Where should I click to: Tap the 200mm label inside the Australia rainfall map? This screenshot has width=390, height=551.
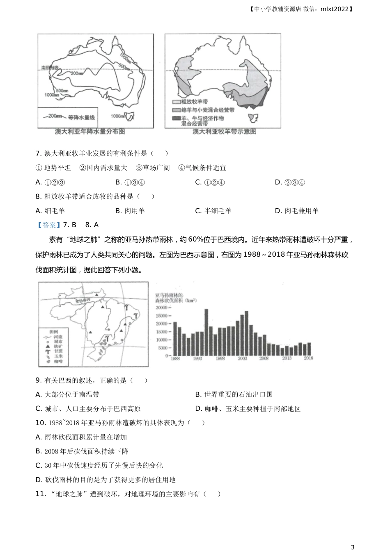pyautogui.click(x=77, y=73)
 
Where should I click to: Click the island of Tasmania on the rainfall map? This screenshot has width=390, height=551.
pyautogui.click(x=131, y=117)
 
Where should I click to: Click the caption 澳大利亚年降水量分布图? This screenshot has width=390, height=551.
pyautogui.click(x=90, y=132)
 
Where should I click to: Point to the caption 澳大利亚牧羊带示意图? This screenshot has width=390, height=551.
pyautogui.click(x=224, y=132)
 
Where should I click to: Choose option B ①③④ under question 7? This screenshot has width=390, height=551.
pyautogui.click(x=130, y=182)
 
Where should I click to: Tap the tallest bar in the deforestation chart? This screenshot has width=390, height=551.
pyautogui.click(x=206, y=332)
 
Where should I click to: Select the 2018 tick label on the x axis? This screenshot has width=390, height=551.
pyautogui.click(x=308, y=358)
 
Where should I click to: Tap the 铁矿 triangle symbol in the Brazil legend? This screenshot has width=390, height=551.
pyautogui.click(x=48, y=346)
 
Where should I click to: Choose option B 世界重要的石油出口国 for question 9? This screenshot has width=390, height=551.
pyautogui.click(x=234, y=394)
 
